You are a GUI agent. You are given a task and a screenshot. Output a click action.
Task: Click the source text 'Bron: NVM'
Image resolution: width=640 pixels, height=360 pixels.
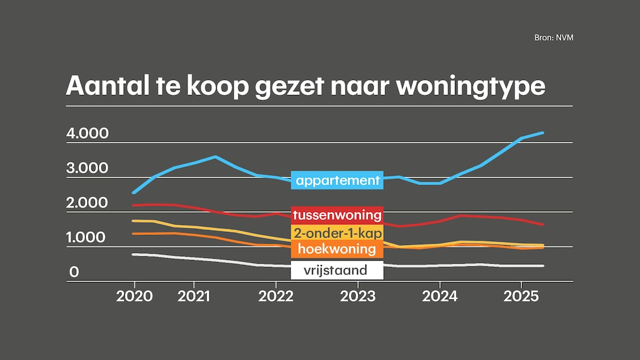click(554, 37)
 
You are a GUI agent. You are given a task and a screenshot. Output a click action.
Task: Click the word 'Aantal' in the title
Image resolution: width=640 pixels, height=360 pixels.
click(102, 86)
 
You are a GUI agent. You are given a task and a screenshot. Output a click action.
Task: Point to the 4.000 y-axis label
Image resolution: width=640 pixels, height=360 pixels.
click(87, 134)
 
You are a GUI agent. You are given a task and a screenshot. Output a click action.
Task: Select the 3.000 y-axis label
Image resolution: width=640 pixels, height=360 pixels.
click(87, 168)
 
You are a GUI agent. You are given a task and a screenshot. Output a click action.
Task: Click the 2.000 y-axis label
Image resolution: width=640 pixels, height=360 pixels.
click(87, 203)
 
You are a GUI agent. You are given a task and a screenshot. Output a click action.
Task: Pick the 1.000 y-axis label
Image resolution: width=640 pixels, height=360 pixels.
click(87, 238)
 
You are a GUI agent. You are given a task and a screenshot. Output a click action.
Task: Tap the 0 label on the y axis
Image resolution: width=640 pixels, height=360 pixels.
click(74, 272)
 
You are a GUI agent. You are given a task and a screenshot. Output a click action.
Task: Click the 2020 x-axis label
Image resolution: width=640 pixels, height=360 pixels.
click(134, 295)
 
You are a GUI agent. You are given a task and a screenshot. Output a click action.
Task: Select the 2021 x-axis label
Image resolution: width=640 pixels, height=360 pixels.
click(194, 295)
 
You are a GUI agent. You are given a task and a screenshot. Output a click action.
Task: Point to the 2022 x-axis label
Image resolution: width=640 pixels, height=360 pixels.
click(276, 295)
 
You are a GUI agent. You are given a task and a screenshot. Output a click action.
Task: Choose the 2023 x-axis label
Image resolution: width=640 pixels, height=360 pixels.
click(357, 295)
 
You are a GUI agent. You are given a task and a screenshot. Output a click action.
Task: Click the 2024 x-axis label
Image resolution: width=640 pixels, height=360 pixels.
click(439, 295)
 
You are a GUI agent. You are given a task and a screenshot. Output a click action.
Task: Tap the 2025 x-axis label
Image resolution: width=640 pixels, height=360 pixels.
click(521, 295)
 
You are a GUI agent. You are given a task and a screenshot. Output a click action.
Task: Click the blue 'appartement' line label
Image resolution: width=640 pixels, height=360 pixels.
click(337, 181)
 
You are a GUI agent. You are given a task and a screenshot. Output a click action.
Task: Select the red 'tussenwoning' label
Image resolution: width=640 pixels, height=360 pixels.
click(337, 215)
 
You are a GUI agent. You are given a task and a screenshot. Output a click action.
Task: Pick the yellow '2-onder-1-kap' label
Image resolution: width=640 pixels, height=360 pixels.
click(337, 233)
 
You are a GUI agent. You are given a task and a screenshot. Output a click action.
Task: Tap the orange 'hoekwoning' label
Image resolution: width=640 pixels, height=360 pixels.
click(337, 249)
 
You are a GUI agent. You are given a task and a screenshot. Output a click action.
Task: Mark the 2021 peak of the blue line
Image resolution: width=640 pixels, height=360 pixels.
click(215, 156)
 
